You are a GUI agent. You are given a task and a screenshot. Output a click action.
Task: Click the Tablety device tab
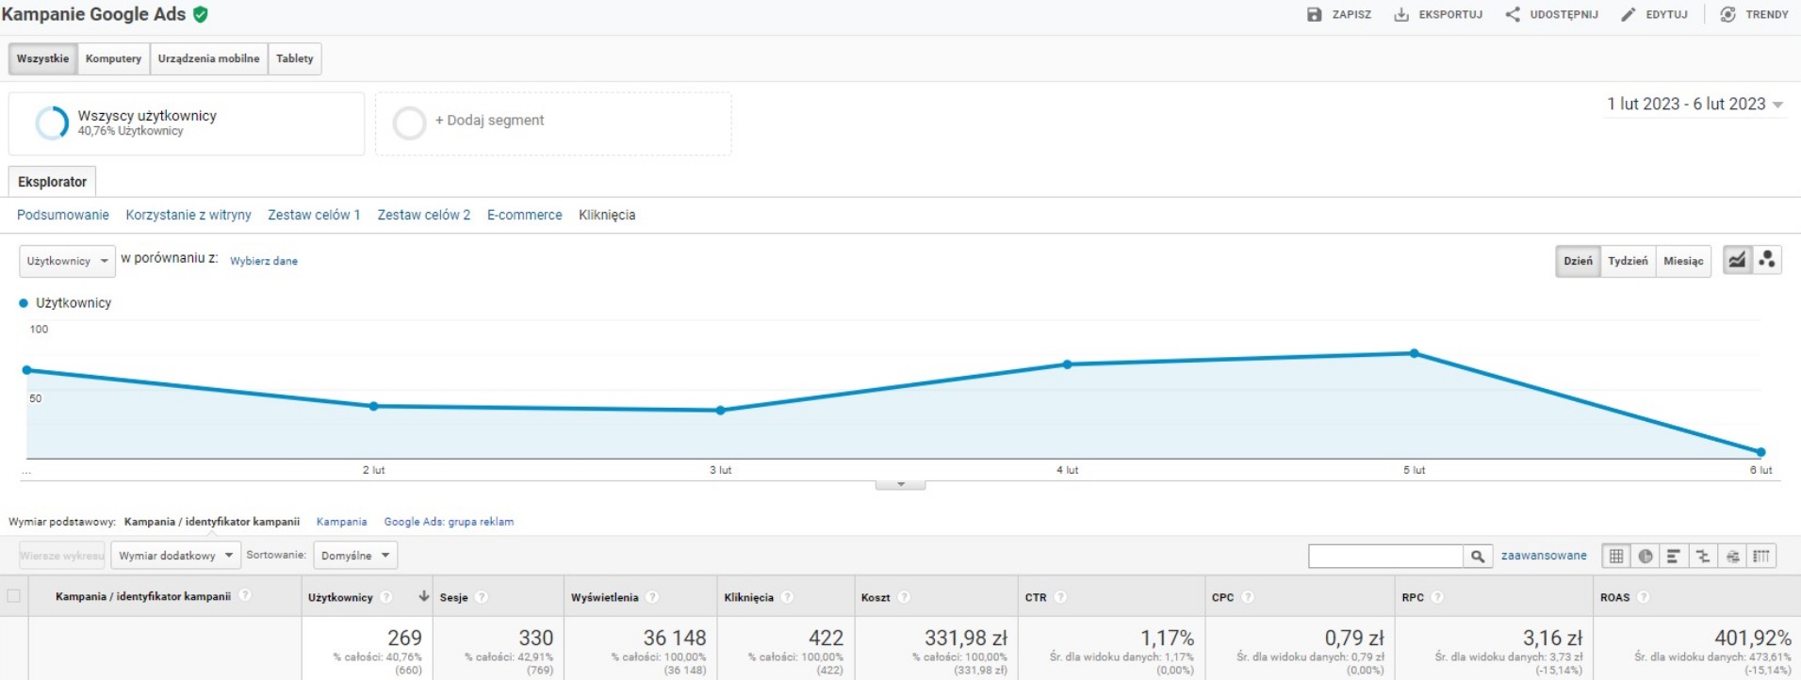294,58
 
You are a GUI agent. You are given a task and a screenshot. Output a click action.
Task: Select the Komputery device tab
113,58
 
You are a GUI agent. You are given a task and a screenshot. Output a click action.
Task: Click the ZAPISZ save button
1339,15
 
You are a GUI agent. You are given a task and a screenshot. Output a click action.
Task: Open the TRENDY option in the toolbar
1754,15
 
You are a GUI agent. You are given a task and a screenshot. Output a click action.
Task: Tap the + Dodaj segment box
553,121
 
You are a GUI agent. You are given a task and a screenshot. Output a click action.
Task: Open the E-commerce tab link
524,216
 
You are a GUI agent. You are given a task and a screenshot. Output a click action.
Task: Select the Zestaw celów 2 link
423,216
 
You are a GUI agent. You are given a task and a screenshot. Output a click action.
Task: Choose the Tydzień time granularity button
1628,261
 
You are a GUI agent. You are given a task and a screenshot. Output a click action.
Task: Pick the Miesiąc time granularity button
1683,261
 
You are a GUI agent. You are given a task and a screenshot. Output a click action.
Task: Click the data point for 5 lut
1414,353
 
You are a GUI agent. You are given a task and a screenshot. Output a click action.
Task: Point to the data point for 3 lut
720,411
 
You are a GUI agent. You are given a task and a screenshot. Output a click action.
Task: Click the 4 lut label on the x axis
1067,470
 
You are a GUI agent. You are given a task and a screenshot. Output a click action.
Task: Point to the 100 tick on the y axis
39,330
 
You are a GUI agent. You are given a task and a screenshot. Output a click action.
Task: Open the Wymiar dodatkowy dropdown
175,556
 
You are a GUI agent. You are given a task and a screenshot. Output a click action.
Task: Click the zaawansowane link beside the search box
1543,556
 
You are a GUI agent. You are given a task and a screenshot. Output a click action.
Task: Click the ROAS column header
1614,597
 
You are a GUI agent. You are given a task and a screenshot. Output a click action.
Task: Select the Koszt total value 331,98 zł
965,639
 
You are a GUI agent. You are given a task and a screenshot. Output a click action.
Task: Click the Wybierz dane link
263,261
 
